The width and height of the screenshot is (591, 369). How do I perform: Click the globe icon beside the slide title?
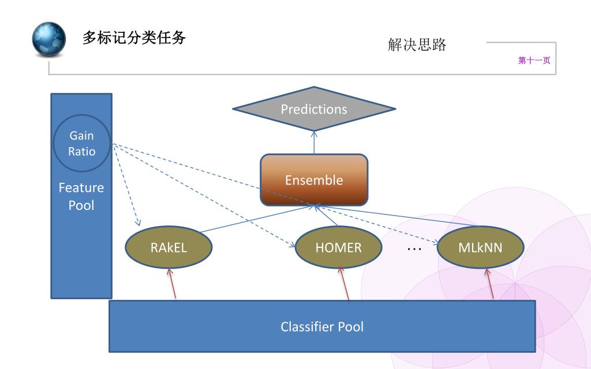click(48, 39)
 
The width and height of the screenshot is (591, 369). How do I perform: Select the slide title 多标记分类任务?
click(134, 37)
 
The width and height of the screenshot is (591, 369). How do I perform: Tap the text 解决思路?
click(417, 44)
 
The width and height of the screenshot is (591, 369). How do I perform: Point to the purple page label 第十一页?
click(534, 60)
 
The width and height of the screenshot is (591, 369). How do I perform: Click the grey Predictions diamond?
click(314, 109)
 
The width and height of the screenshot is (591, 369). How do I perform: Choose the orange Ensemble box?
click(314, 180)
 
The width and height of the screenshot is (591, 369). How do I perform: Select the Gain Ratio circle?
click(82, 143)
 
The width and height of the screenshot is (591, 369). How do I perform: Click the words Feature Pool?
click(81, 196)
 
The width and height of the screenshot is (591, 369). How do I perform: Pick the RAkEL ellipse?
click(169, 247)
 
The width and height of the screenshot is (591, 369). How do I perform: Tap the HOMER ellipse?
click(338, 247)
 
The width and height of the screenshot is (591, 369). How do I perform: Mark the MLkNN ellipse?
click(481, 247)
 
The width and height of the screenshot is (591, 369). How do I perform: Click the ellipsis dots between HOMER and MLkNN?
click(414, 249)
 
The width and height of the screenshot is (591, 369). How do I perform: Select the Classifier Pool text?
click(322, 326)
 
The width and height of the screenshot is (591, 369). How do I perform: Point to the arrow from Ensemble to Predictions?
click(314, 142)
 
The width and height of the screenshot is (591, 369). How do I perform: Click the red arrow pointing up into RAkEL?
click(172, 283)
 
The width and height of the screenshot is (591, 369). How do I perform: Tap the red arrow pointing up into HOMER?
click(344, 283)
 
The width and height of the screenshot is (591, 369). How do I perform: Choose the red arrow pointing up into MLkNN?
click(489, 284)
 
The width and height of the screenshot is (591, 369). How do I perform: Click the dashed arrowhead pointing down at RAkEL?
click(137, 222)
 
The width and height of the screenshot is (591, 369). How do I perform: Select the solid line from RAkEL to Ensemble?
click(256, 219)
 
